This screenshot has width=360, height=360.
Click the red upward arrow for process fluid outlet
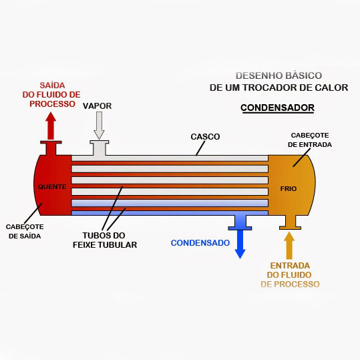click(x=51, y=126)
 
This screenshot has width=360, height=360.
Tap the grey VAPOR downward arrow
click(x=99, y=126)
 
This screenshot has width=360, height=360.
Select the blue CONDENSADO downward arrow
click(x=240, y=244)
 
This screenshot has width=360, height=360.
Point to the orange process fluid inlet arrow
click(x=289, y=245)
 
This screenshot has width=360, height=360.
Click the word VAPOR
click(x=97, y=106)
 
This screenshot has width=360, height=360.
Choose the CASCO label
click(x=205, y=137)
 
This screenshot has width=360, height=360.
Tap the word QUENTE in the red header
click(x=52, y=186)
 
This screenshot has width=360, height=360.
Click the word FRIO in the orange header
click(x=289, y=189)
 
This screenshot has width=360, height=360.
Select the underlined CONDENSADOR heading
click(x=277, y=108)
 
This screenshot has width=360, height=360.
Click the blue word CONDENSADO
click(x=200, y=243)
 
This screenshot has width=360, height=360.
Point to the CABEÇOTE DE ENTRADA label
click(x=310, y=140)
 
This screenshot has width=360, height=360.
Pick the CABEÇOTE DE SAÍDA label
click(x=25, y=231)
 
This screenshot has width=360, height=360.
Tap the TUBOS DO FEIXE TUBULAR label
click(x=105, y=240)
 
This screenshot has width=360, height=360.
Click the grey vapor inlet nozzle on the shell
click(x=99, y=148)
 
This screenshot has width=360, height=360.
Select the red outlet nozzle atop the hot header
click(x=51, y=148)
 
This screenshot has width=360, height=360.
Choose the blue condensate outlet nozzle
click(x=240, y=222)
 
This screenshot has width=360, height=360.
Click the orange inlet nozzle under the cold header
click(x=290, y=222)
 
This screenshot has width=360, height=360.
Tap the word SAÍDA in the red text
click(x=52, y=85)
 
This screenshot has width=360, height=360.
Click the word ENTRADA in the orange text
click(x=290, y=266)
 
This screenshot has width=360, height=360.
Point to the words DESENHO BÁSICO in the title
click(x=279, y=75)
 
